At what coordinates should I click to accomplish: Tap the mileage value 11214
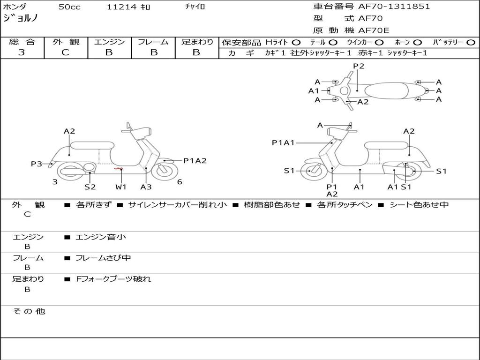(x=121, y=7)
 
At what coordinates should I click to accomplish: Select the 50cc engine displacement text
(x=68, y=7)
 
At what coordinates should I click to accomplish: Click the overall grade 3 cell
(x=22, y=52)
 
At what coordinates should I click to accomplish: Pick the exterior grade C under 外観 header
(x=65, y=52)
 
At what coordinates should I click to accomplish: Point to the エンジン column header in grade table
(x=109, y=42)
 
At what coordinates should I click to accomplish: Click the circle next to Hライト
(x=296, y=43)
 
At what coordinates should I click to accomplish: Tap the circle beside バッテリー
(x=471, y=43)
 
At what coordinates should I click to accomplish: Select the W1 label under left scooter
(x=121, y=187)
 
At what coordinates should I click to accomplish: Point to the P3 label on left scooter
(x=37, y=164)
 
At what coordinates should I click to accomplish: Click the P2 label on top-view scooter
(x=359, y=66)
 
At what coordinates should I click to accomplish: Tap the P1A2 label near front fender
(x=195, y=161)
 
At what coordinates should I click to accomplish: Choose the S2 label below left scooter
(x=90, y=187)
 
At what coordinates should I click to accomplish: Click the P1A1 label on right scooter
(x=283, y=143)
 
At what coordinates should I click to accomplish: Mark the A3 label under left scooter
(x=146, y=187)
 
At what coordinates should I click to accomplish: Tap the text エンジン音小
(x=100, y=237)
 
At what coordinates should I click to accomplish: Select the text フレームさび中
(x=103, y=258)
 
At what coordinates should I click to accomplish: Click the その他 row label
(x=29, y=311)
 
